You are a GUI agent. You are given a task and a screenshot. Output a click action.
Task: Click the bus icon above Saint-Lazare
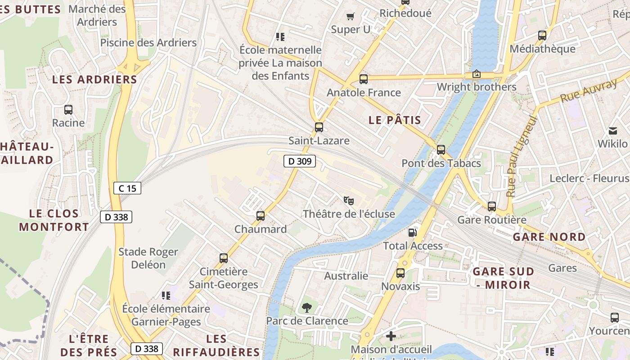319,127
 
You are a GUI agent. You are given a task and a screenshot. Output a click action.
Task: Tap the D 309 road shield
300,161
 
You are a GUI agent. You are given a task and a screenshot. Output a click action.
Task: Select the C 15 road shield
127,188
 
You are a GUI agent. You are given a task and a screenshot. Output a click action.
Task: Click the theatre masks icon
348,200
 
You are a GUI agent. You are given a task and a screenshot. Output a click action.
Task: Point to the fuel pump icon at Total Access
412,233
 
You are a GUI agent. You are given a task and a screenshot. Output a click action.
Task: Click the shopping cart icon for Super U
351,17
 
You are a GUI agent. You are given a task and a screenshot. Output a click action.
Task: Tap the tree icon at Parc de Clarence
307,308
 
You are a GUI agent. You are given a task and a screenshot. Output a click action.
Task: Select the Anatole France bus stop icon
364,79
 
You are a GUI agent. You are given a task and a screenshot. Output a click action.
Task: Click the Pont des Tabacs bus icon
441,150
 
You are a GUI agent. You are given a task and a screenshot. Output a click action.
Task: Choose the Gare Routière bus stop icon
492,207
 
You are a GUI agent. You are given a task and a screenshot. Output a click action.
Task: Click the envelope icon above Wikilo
612,131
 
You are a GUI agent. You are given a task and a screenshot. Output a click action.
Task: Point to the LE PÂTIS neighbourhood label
395,120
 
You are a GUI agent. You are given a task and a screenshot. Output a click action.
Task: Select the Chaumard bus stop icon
260,216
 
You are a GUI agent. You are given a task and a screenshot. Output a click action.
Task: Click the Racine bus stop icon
68,109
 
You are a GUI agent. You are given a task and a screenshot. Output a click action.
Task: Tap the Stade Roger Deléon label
148,258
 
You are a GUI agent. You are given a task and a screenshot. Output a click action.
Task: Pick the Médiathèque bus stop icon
542,35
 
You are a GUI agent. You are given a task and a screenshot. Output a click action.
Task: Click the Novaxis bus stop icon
400,273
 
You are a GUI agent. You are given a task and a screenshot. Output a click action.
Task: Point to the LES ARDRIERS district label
94,80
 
